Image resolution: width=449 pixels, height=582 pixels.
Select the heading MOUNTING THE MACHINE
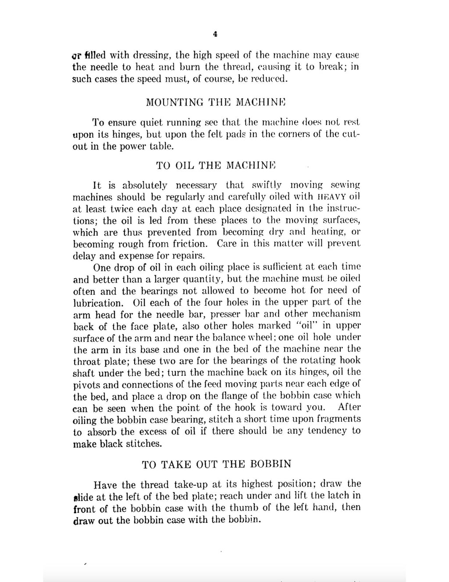[x=215, y=103]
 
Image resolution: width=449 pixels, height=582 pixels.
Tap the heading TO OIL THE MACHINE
[x=215, y=165]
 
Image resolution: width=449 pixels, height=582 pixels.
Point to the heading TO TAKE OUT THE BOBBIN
[x=217, y=464]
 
